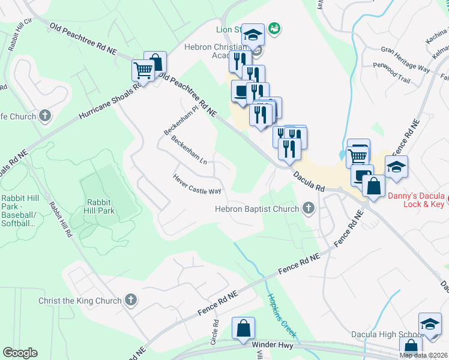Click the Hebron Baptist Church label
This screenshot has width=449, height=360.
coord(258,209)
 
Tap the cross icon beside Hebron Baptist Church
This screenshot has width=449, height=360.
coord(309,208)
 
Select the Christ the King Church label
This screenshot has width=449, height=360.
coord(80,301)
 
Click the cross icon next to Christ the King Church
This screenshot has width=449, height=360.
coord(131,300)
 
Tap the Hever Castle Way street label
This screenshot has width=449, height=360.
coord(197,184)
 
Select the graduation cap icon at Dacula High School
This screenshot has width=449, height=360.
coord(430,324)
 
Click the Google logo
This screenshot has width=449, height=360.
coord(20,353)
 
